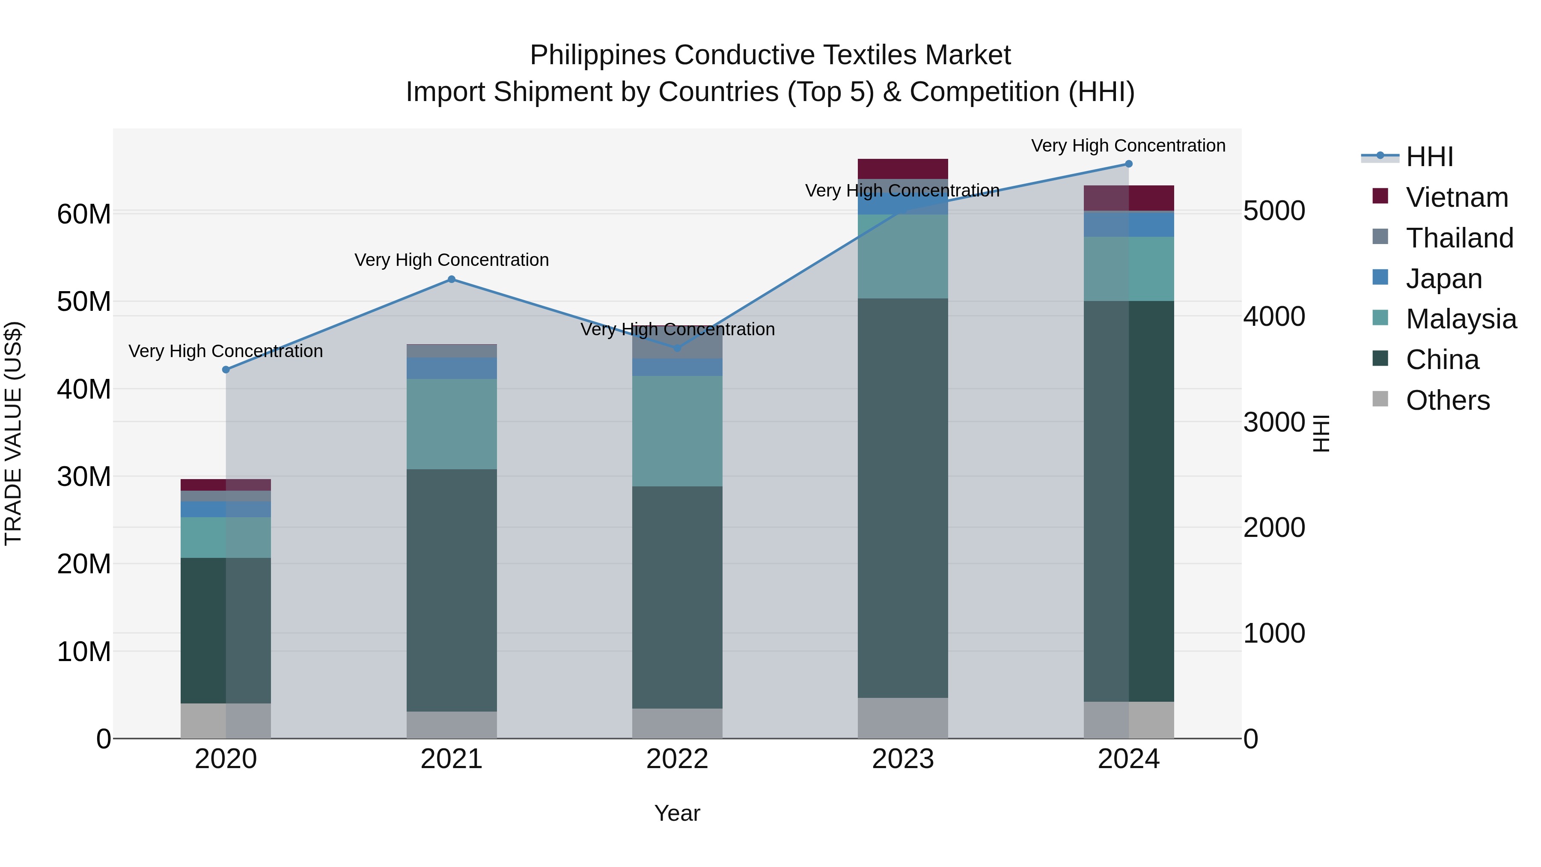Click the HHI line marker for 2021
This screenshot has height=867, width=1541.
pyautogui.click(x=452, y=280)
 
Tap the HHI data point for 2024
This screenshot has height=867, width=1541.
pyautogui.click(x=1128, y=164)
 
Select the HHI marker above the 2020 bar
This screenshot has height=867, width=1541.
pyautogui.click(x=226, y=370)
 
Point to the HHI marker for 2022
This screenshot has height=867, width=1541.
pyautogui.click(x=677, y=348)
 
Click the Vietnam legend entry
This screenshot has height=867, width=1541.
pyautogui.click(x=1456, y=197)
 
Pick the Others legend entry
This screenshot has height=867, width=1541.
pyautogui.click(x=1447, y=400)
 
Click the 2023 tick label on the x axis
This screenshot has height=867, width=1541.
pyautogui.click(x=903, y=759)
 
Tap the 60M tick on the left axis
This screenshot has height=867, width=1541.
pyautogui.click(x=84, y=214)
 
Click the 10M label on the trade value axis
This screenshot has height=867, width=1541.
pyautogui.click(x=84, y=652)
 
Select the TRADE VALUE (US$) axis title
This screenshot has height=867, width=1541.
pyautogui.click(x=13, y=433)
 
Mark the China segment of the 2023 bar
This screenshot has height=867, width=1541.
pyautogui.click(x=903, y=497)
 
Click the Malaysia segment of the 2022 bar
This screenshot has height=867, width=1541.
pyautogui.click(x=677, y=431)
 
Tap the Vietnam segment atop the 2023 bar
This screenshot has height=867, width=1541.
pyautogui.click(x=903, y=169)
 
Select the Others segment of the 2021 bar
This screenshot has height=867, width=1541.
pyautogui.click(x=452, y=724)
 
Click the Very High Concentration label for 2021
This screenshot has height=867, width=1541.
pyautogui.click(x=452, y=260)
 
